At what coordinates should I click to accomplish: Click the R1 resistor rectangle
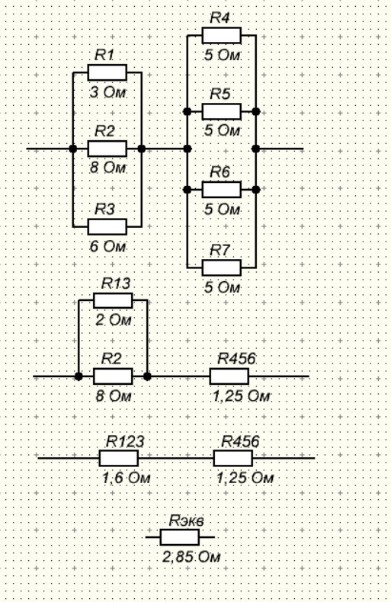click(107, 72)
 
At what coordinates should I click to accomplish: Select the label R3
click(104, 210)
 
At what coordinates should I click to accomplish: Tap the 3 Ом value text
click(107, 92)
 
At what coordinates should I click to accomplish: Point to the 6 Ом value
click(107, 246)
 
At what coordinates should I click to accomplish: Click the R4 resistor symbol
click(222, 35)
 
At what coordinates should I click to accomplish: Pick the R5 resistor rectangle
click(222, 112)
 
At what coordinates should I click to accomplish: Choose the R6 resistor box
click(222, 190)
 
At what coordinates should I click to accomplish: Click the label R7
click(220, 250)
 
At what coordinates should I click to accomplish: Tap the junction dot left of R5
click(187, 112)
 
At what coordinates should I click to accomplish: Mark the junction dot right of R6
click(256, 190)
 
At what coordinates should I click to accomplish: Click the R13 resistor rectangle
click(113, 300)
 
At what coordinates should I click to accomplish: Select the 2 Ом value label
click(114, 320)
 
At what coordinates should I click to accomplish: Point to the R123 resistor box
click(119, 458)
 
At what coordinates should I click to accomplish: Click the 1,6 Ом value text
click(126, 478)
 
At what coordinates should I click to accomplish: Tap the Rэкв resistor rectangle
click(180, 537)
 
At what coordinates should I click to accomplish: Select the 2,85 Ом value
click(191, 557)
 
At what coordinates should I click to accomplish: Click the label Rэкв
click(186, 520)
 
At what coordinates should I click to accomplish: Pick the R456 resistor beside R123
click(233, 458)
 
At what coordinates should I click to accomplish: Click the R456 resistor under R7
click(229, 376)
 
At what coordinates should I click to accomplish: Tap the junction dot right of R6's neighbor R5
click(256, 112)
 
